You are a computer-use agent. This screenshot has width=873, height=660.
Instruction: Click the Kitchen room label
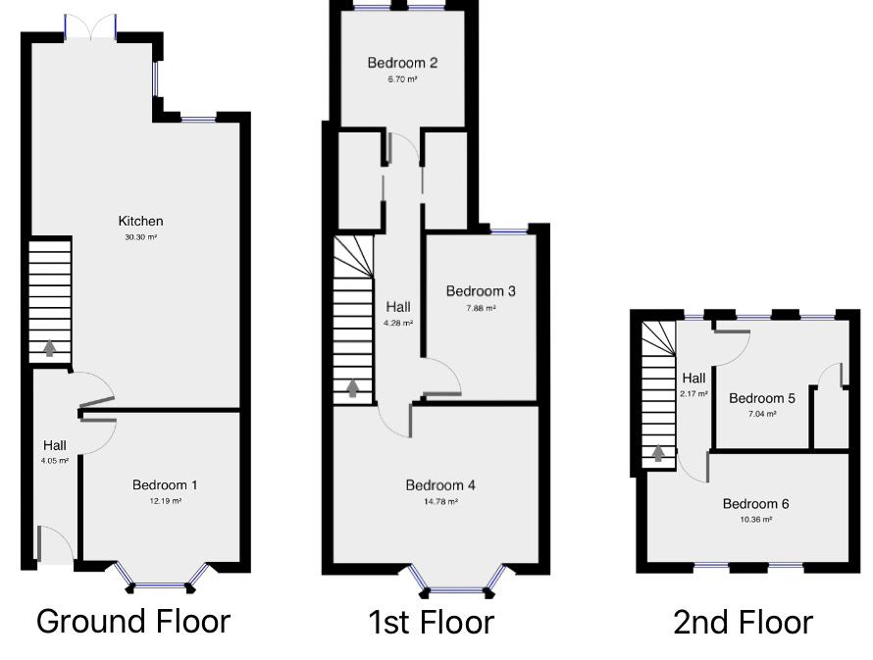(140, 221)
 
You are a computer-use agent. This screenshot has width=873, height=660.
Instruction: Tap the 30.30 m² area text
(140, 236)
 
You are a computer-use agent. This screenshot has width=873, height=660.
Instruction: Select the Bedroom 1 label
(165, 484)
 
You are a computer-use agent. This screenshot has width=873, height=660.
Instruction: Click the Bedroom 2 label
(402, 63)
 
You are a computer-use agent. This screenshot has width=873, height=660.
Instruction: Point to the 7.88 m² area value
(481, 307)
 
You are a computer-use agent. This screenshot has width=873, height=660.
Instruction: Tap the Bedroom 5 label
(761, 398)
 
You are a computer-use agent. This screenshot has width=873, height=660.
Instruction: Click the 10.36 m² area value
(755, 519)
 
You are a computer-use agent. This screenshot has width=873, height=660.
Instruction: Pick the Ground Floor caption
(133, 621)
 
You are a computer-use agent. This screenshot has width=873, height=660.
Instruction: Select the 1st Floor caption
(432, 622)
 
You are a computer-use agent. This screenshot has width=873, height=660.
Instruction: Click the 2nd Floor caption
(743, 622)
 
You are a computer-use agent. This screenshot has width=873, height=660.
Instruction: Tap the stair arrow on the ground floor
(48, 347)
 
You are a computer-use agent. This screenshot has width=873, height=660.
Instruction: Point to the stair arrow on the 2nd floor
(658, 452)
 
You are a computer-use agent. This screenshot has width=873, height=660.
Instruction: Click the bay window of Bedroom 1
(161, 585)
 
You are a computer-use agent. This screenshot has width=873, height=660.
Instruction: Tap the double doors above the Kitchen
(90, 27)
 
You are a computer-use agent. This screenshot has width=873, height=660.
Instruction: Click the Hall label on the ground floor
(55, 444)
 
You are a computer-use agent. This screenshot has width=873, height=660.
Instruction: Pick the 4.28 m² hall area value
(398, 323)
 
